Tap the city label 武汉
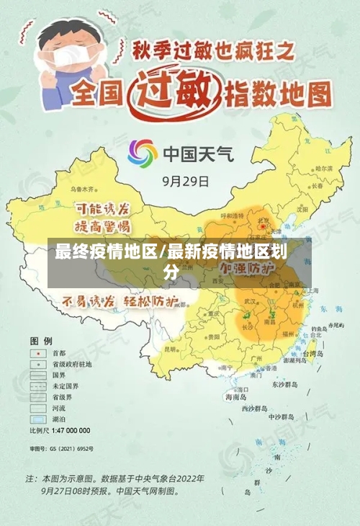(x=251, y=300)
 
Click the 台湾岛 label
(x=315, y=354)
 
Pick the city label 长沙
(x=246, y=326)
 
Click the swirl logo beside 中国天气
(x=143, y=153)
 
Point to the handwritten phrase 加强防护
(x=247, y=267)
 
